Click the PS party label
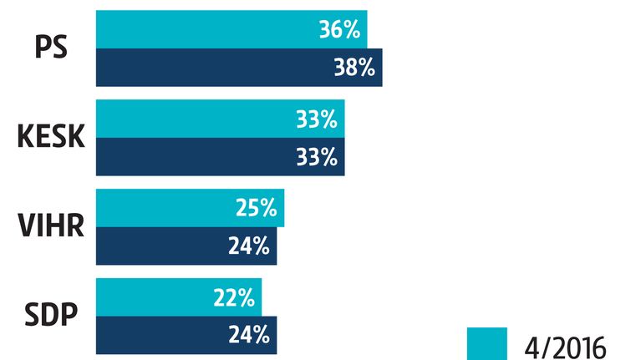(51, 48)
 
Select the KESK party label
(51, 136)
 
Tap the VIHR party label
(51, 226)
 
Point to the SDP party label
(51, 315)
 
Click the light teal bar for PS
(231, 29)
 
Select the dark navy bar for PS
(239, 68)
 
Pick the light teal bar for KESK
(221, 119)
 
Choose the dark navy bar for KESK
(221, 157)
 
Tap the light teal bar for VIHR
(190, 208)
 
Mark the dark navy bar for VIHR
(186, 246)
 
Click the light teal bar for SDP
(179, 297)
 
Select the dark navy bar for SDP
(186, 335)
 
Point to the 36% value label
(339, 30)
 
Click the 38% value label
(354, 68)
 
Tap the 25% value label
(257, 208)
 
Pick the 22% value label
(234, 297)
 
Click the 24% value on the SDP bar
(249, 335)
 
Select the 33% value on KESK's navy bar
(317, 157)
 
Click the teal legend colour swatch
(487, 343)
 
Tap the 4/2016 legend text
(565, 348)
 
